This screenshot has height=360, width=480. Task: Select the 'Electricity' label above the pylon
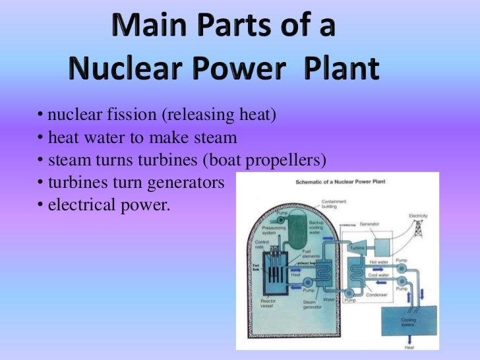(418, 216)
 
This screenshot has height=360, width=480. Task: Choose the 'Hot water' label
(380, 262)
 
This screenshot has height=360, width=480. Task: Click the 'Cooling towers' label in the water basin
(409, 322)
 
